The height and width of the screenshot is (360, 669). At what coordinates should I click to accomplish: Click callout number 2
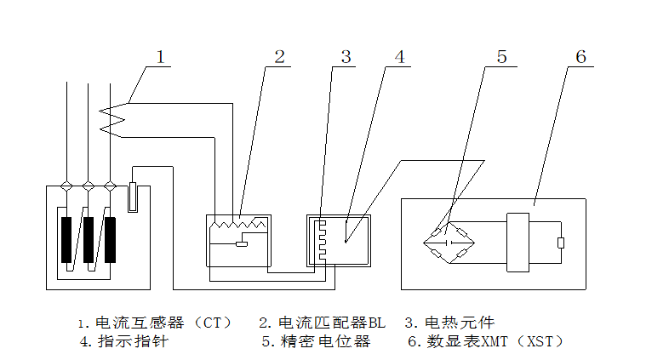[x=279, y=58]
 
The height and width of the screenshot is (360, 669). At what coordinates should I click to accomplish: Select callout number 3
[x=346, y=58]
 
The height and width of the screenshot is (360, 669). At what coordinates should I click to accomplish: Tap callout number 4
[x=399, y=58]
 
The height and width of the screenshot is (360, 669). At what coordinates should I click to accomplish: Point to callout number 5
[x=501, y=58]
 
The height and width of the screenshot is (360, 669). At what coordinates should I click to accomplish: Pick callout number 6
[x=580, y=58]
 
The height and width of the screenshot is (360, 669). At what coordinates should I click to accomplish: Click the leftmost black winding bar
[x=66, y=239]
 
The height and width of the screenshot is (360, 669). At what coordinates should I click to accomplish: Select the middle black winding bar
[x=89, y=239]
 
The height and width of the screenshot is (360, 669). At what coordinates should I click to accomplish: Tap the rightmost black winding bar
[x=110, y=239]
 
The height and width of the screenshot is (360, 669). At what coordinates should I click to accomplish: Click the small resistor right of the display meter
[x=560, y=243]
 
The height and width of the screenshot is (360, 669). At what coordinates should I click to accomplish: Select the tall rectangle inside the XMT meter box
[x=517, y=242]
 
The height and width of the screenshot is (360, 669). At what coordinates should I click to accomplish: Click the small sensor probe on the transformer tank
[x=133, y=197]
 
